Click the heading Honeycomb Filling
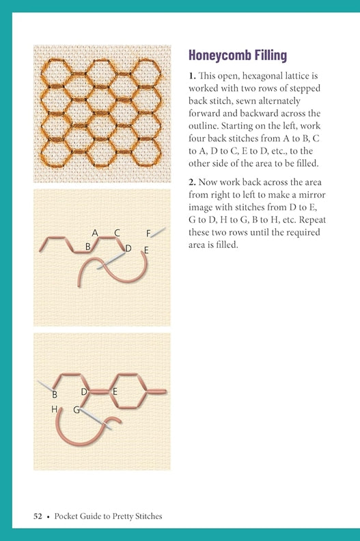[x=238, y=55]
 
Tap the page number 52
[x=38, y=516]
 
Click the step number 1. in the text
[x=192, y=76]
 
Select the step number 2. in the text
[x=192, y=182]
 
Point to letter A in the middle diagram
[x=95, y=233]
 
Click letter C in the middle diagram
[x=117, y=233]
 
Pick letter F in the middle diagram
[x=148, y=234]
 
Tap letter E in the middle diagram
[x=146, y=250]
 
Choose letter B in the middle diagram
[x=87, y=247]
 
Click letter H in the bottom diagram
[x=54, y=409]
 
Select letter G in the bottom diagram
[x=77, y=410]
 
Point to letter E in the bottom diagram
[x=115, y=391]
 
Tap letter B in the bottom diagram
[x=55, y=394]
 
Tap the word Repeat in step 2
[x=312, y=220]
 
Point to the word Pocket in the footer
[x=66, y=516]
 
